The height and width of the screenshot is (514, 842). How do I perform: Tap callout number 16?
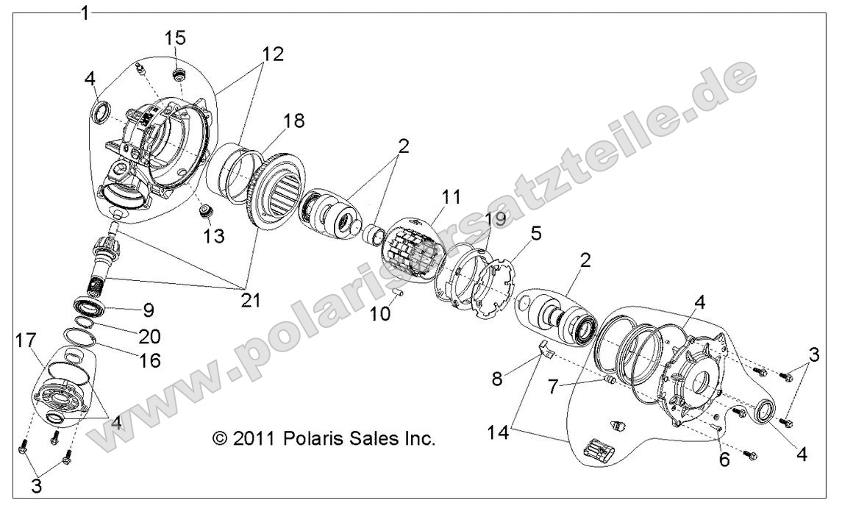coord(149,360)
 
